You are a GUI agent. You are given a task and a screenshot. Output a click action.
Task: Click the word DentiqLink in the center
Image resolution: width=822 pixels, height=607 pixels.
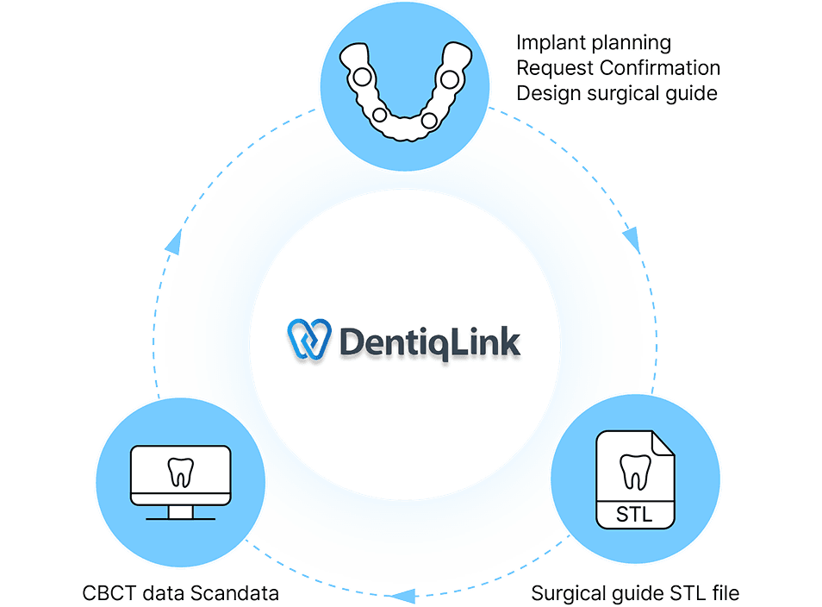tap(429, 342)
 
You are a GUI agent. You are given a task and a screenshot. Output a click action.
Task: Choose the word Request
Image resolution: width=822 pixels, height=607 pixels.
tap(552, 67)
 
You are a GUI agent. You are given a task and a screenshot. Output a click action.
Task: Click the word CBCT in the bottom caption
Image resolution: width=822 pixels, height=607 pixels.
tap(106, 593)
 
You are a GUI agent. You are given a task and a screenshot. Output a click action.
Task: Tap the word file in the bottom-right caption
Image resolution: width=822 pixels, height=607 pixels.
tap(724, 593)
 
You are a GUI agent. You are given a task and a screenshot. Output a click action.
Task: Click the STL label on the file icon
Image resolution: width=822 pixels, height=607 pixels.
tap(635, 516)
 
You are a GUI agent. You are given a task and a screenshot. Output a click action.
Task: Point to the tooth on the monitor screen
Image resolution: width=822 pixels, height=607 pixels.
tap(180, 472)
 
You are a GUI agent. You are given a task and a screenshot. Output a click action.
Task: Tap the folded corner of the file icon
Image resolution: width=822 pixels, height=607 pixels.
tap(663, 445)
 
